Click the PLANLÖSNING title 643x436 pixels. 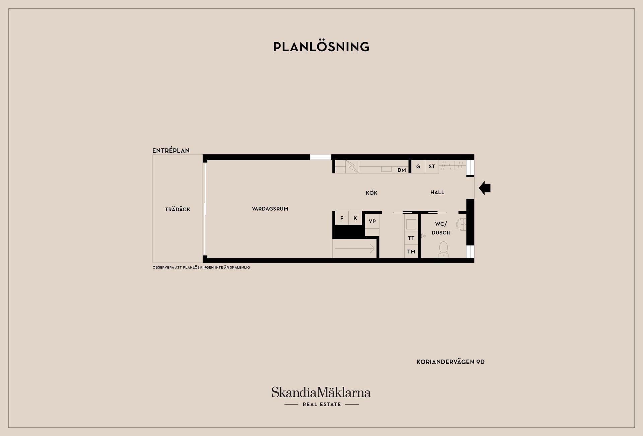click(x=321, y=47)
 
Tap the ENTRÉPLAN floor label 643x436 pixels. click(x=171, y=150)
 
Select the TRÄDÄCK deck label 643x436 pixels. click(x=177, y=209)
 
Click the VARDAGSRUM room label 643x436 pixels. click(x=270, y=209)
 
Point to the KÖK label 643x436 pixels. click(x=372, y=193)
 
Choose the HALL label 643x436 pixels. click(x=437, y=192)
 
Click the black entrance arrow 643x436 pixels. click(x=485, y=188)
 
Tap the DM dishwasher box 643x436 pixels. click(x=402, y=170)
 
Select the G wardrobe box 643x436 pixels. click(x=418, y=166)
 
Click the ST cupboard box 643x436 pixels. click(x=432, y=166)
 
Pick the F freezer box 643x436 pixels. click(x=342, y=218)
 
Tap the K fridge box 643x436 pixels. click(x=355, y=218)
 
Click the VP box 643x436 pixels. click(x=372, y=221)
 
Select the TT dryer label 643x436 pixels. click(x=411, y=238)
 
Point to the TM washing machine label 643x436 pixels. click(x=411, y=251)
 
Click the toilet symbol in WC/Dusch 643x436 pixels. click(x=444, y=250)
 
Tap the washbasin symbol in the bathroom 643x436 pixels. click(x=461, y=224)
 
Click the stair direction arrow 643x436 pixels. click(x=354, y=248)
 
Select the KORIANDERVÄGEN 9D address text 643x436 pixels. click(x=450, y=362)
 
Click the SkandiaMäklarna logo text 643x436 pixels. click(x=321, y=392)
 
